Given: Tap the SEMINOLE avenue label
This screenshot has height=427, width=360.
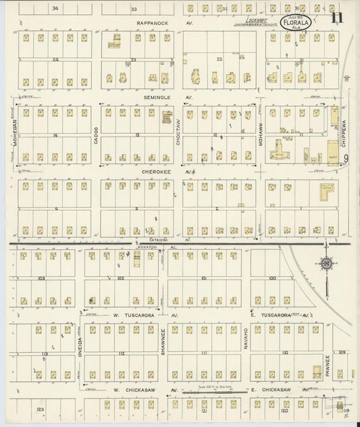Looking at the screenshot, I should pyautogui.click(x=159, y=97).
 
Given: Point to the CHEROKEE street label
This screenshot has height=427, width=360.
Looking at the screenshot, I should pyautogui.click(x=159, y=172).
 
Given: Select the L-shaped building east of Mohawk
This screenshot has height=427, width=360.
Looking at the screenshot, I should pyautogui.click(x=326, y=193).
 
